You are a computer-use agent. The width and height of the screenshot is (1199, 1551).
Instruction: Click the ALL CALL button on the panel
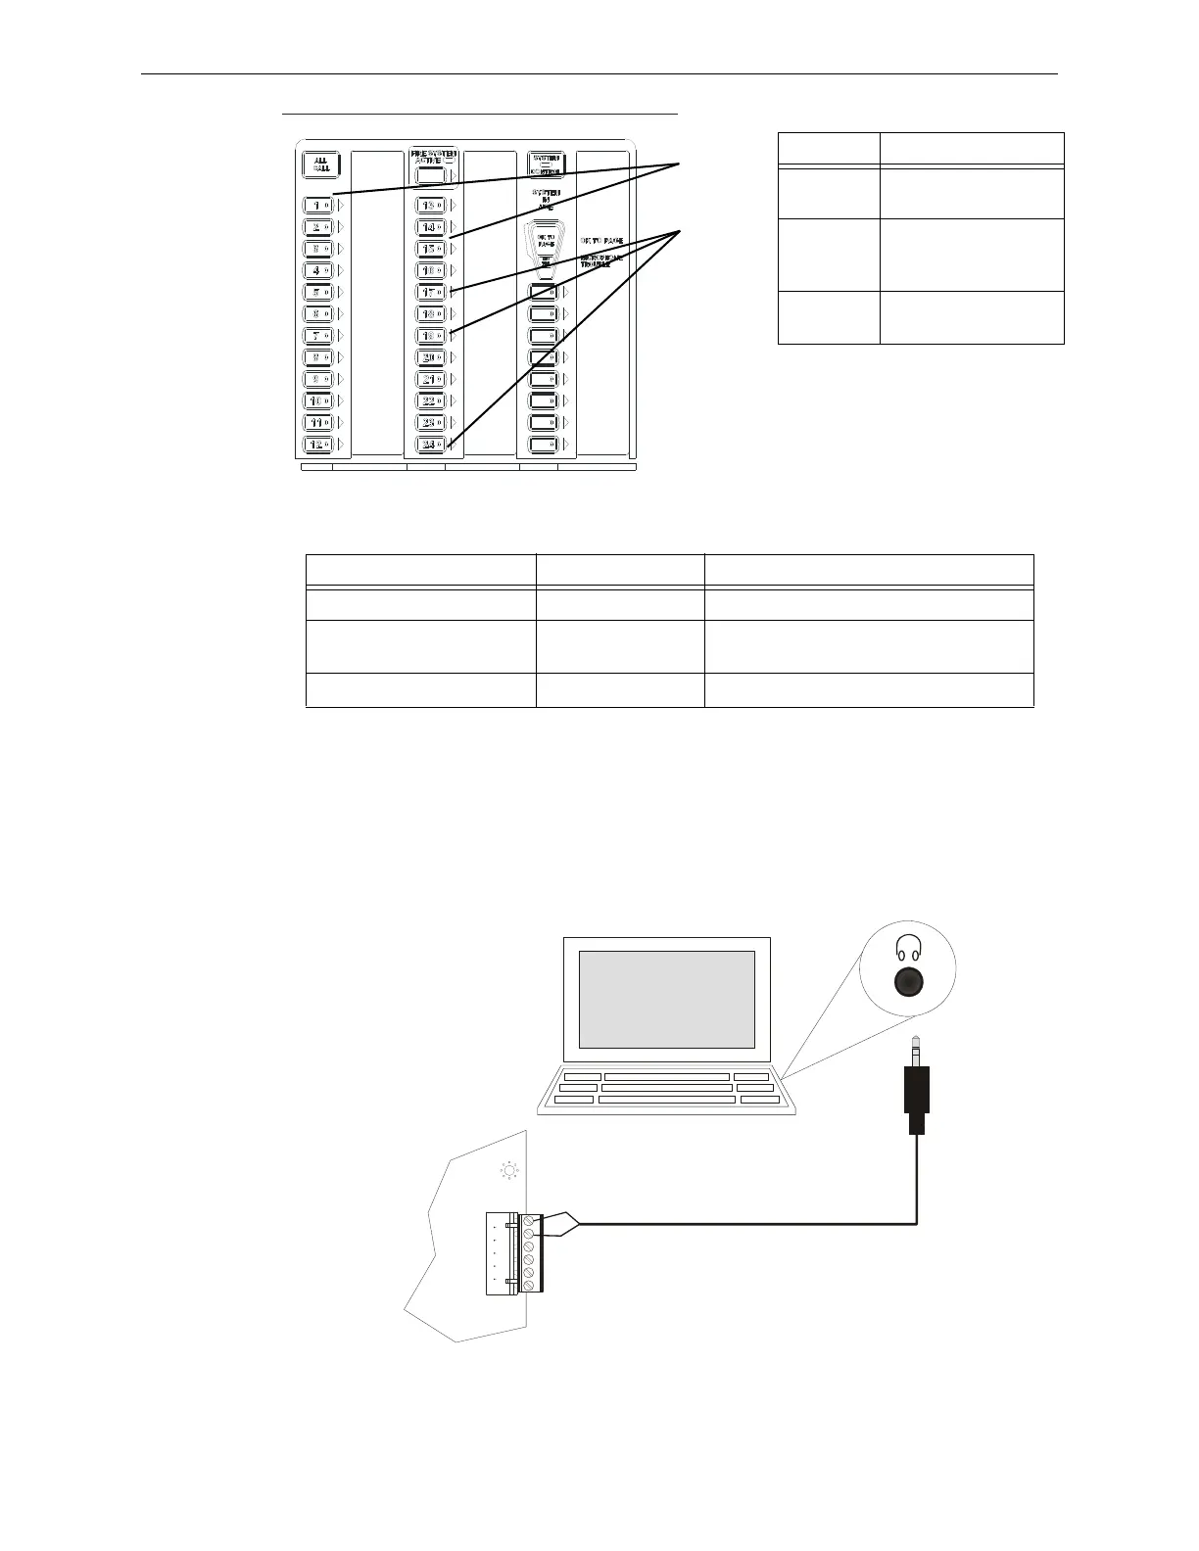tap(320, 164)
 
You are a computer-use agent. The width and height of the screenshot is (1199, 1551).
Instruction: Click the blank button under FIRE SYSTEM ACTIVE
tap(430, 176)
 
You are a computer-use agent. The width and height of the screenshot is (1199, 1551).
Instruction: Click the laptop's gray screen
tap(667, 1000)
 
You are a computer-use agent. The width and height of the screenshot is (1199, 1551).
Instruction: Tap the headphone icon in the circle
tap(909, 947)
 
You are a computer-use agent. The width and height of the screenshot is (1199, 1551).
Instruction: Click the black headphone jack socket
tap(909, 981)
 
